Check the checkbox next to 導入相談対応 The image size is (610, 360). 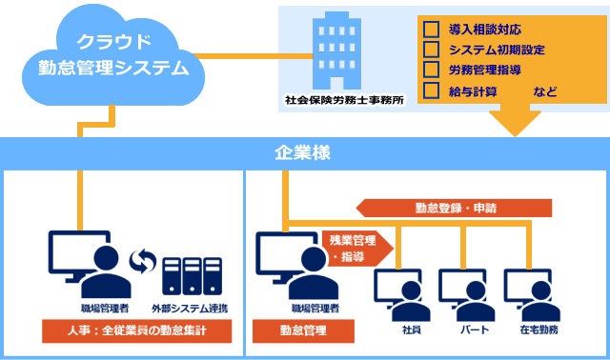click(x=430, y=30)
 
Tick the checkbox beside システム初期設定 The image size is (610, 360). click(x=430, y=50)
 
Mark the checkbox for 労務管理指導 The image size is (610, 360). click(x=430, y=70)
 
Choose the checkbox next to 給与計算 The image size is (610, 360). click(x=430, y=91)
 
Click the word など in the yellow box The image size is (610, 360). click(x=546, y=92)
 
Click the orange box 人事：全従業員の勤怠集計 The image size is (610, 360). click(x=137, y=331)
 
